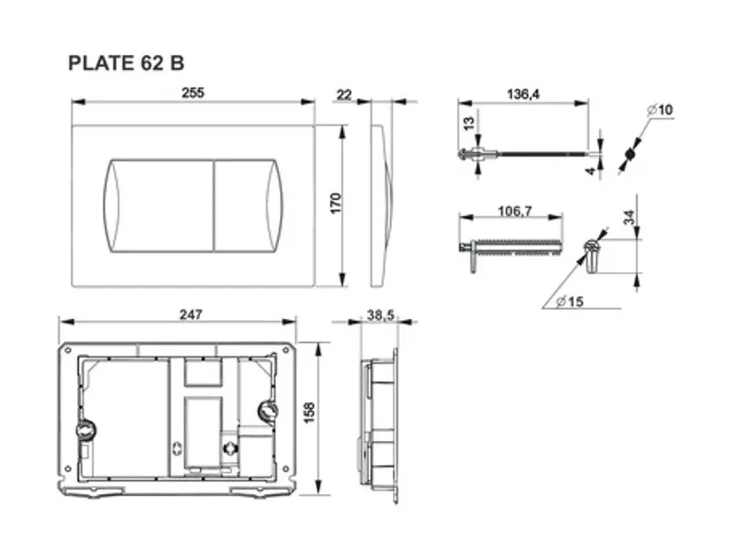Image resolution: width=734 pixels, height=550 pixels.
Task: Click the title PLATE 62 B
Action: (127, 63)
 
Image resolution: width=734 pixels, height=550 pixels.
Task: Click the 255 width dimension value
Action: (193, 93)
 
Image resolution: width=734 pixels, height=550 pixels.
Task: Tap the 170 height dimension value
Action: (336, 203)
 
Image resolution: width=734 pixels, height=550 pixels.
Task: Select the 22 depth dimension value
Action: (344, 94)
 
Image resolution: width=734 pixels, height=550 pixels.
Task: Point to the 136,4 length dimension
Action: (523, 94)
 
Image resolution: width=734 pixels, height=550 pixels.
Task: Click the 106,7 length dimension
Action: (515, 212)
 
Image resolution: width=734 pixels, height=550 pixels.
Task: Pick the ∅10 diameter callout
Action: (660, 110)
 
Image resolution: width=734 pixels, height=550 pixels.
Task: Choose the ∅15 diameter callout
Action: (570, 302)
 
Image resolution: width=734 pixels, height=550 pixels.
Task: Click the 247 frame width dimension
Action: (191, 314)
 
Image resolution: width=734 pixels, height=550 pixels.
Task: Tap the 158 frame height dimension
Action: (310, 412)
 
